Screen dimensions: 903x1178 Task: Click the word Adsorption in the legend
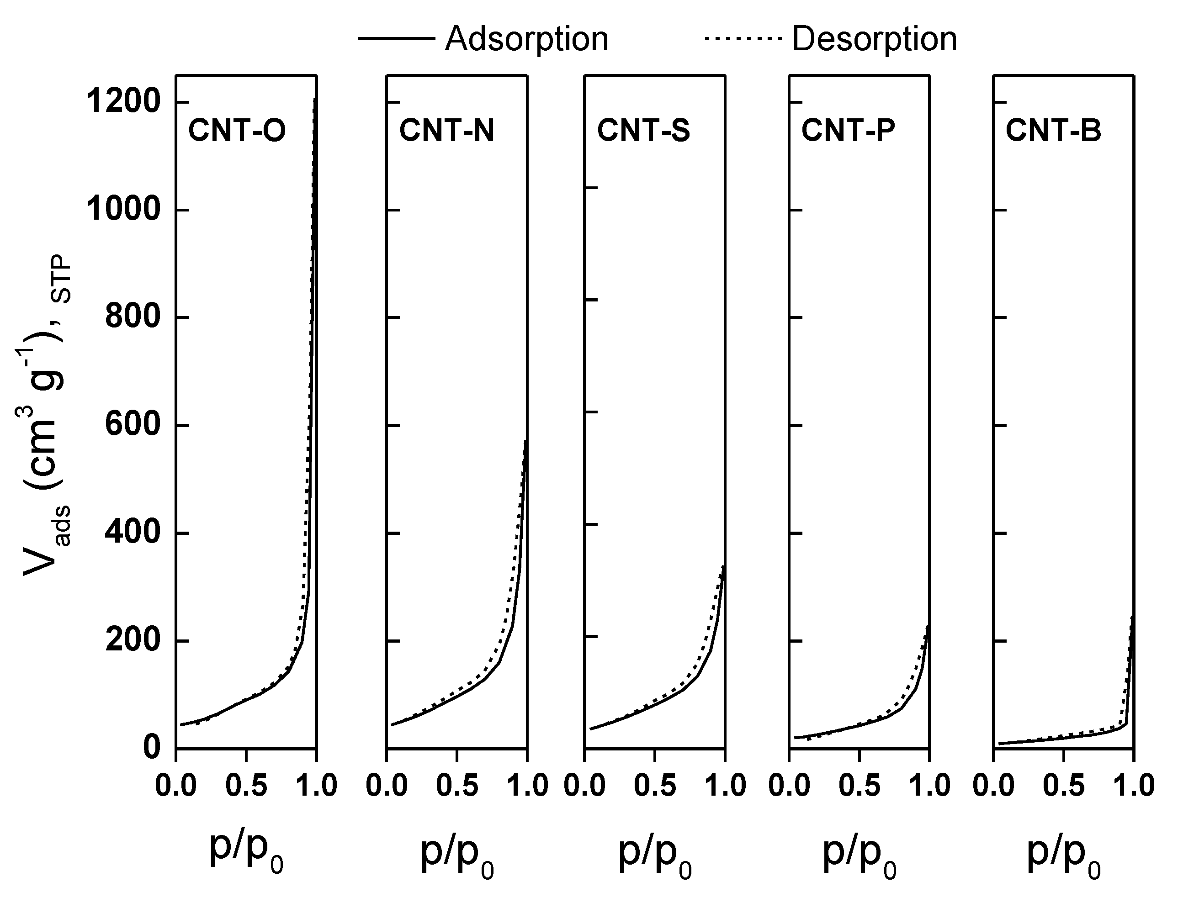pos(526,39)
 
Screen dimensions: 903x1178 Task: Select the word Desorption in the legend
pos(874,39)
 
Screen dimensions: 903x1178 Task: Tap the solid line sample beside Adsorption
pos(396,39)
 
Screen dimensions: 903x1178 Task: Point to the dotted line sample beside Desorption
pos(742,39)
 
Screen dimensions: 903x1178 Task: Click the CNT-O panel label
pos(237,131)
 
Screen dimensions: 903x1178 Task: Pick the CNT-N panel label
pos(446,131)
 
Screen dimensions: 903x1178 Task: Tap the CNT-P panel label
pos(848,131)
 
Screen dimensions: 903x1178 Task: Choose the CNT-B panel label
pos(1053,131)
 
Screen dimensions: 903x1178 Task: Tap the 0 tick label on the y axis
pos(152,748)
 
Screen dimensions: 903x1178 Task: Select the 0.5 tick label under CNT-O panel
pos(246,786)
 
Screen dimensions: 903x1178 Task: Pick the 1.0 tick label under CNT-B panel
pos(1133,786)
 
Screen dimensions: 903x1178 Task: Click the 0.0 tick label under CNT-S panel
pos(585,786)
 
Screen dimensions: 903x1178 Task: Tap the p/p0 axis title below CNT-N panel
pos(456,852)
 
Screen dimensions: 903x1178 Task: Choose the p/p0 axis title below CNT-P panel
pos(859,852)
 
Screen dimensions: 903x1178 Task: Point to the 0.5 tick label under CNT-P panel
pos(859,786)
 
